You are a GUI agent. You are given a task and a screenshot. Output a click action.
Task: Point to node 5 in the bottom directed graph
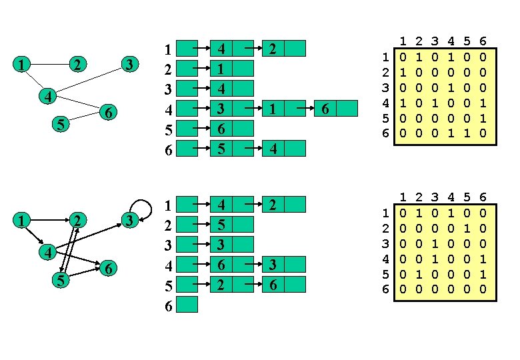click(61, 281)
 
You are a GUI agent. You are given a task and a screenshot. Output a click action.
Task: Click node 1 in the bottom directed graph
click(23, 219)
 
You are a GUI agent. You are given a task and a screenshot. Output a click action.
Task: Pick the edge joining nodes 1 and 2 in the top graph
click(51, 65)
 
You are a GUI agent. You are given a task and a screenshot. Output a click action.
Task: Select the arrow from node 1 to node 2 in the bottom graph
click(51, 219)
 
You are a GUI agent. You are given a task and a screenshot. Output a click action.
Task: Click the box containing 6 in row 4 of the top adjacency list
click(324, 109)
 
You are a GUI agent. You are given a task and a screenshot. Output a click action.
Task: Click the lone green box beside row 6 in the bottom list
click(189, 305)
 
